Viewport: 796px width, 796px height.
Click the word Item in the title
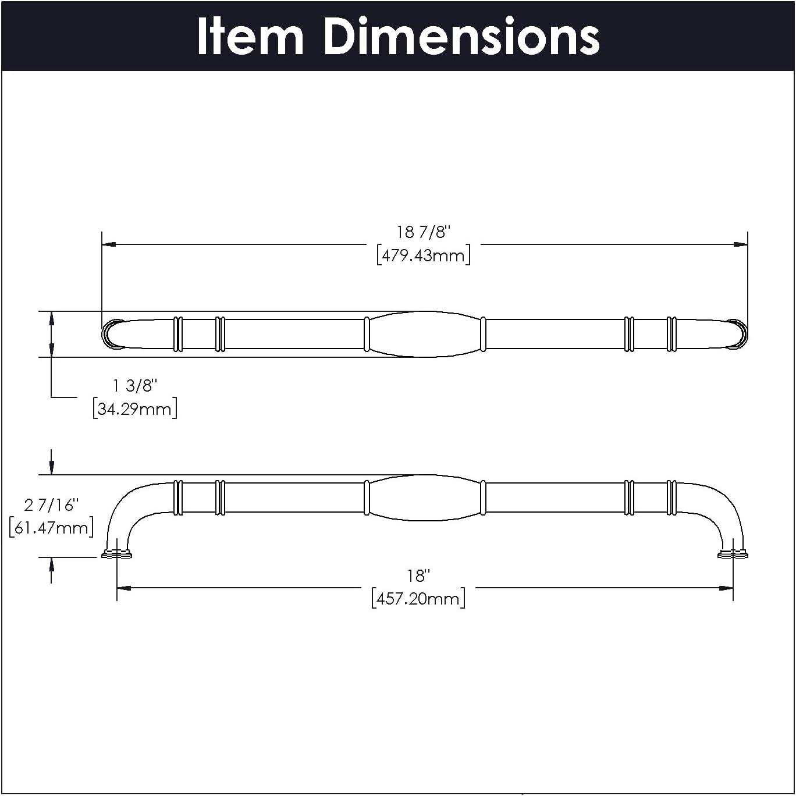pos(250,36)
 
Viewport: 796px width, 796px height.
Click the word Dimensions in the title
pos(461,36)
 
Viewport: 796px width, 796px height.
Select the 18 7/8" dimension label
pos(423,232)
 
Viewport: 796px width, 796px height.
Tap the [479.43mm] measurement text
pos(423,255)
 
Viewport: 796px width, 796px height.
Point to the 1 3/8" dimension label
pos(135,385)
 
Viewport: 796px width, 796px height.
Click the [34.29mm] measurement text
pos(135,408)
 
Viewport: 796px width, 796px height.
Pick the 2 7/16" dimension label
pos(51,504)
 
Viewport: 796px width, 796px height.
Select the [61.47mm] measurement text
pos(51,528)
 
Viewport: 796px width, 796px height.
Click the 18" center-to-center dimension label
pos(418,575)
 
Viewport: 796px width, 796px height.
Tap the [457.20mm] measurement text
pos(418,598)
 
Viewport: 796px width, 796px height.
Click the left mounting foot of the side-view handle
pos(116,553)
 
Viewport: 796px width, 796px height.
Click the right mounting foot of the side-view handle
pos(733,553)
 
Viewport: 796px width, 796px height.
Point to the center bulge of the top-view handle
pos(425,334)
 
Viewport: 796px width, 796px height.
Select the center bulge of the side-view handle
pos(425,497)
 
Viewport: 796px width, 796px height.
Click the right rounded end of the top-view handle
pos(737,334)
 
